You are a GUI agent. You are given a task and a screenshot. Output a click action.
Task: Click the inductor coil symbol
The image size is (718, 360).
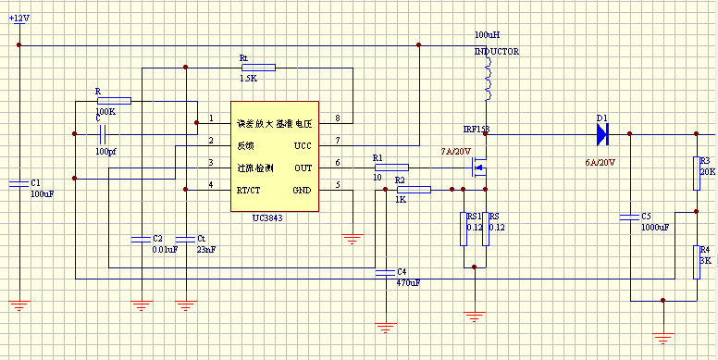pos(488,83)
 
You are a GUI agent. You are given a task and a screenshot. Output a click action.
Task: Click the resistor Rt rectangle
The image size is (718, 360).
pos(258,67)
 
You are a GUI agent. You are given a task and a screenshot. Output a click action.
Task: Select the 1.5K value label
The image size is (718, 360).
pos(247,79)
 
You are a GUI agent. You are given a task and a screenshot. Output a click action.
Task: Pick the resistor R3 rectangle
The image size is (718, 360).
pos(696,173)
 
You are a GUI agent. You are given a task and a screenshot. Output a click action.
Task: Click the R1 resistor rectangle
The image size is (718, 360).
pos(390,168)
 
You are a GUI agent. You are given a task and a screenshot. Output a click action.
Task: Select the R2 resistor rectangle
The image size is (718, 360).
pos(414,190)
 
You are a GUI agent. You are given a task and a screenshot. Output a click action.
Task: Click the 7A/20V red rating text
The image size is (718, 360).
pos(456,151)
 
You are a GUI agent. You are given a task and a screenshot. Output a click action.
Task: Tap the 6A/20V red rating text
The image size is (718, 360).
pos(600,162)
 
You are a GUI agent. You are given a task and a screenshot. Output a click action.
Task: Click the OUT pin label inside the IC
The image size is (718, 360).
pos(303,168)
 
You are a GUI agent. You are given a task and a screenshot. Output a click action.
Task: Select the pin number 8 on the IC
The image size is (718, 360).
pos(337,118)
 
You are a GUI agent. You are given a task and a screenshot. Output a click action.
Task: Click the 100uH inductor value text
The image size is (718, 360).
pos(487,33)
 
